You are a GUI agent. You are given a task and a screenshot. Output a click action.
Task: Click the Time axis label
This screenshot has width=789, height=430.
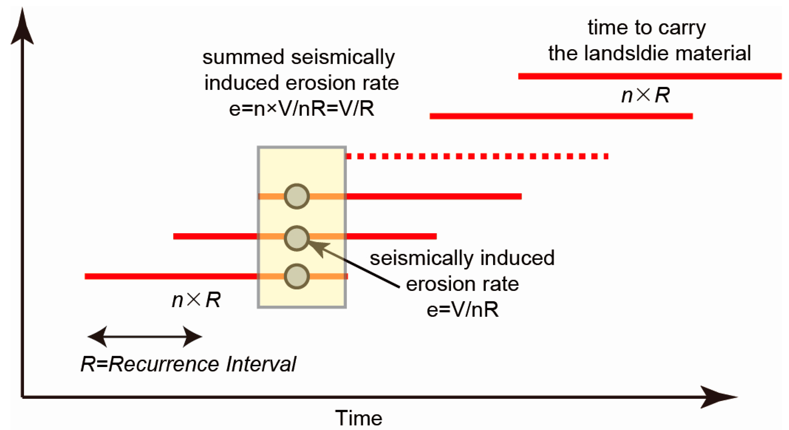coord(358,418)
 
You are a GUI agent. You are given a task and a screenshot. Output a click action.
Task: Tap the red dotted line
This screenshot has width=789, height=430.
coord(477,156)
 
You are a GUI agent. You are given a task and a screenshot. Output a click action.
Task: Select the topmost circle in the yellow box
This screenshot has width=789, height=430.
coord(296,196)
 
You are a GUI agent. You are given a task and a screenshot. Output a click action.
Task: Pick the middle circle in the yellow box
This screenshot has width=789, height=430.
coord(296,238)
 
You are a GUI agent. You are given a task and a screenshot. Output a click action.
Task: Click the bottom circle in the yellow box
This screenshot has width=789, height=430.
coord(296,276)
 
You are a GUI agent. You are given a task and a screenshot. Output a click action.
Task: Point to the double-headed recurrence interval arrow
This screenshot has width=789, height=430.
coord(145,336)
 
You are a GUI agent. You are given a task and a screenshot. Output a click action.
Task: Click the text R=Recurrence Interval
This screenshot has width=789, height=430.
coord(188,364)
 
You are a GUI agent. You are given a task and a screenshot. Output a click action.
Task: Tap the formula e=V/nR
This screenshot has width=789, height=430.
coord(462,310)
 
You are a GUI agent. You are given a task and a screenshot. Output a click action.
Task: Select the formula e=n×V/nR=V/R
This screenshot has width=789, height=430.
coord(301,109)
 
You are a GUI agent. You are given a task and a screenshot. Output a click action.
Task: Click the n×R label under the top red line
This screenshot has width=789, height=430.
coord(645,95)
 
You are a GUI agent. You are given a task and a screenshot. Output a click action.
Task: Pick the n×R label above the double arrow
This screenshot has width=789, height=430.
coord(196,300)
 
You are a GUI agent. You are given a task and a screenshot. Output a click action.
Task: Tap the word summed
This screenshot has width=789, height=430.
coord(243,57)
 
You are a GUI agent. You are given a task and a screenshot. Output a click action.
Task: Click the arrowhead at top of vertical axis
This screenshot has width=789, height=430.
coord(22,28)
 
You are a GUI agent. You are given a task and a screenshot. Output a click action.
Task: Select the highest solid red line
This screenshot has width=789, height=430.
coord(650,76)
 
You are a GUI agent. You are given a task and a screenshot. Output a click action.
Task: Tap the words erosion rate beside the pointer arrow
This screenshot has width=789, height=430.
coord(462,284)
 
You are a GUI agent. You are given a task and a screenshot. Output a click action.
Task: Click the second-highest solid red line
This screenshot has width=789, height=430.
coord(561,116)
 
